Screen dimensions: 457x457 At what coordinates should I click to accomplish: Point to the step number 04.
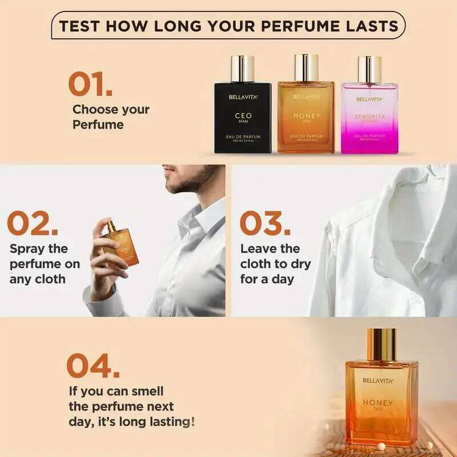pyautogui.click(x=93, y=365)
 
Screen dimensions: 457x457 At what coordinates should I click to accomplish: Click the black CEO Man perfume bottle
pyautogui.click(x=243, y=117)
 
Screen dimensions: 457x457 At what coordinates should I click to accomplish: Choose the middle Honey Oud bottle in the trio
pyautogui.click(x=306, y=117)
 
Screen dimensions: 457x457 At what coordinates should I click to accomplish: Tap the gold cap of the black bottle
pyautogui.click(x=243, y=69)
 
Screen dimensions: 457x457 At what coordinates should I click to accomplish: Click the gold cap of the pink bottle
pyautogui.click(x=368, y=69)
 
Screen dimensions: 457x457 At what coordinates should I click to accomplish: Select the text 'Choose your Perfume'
pyautogui.click(x=110, y=117)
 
